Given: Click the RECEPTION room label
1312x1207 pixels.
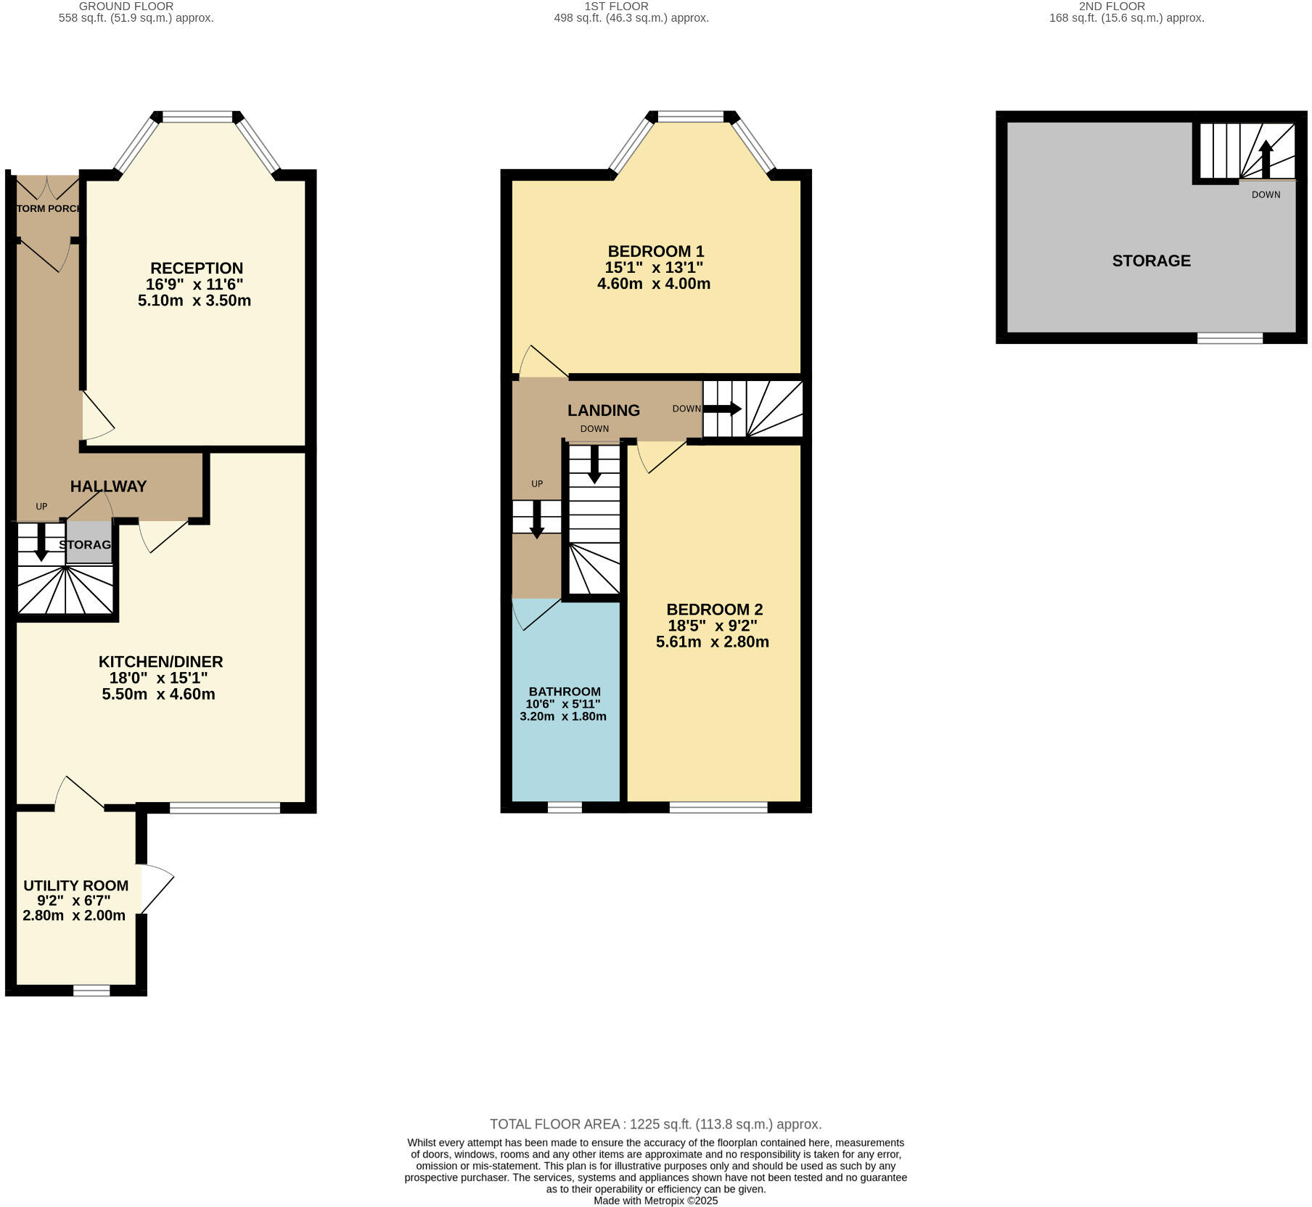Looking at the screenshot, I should (x=196, y=269).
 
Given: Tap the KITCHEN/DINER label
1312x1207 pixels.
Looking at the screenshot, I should (x=160, y=661).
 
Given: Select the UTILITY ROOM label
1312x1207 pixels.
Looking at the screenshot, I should (x=75, y=885).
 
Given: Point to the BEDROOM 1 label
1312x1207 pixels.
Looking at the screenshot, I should (x=655, y=251).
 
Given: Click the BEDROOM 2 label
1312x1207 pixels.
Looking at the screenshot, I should (x=714, y=610).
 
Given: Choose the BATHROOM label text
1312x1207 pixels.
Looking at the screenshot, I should (x=564, y=692).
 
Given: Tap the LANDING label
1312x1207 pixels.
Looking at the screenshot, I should (x=603, y=410).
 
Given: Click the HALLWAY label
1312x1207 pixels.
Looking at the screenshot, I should (x=108, y=486).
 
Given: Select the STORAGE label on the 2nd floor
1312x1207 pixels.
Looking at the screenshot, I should (x=1151, y=261).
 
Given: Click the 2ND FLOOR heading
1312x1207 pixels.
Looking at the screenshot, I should (x=1111, y=7).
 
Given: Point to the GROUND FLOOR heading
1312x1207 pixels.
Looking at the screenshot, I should (x=126, y=7).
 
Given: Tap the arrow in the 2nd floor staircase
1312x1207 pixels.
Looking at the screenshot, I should (x=1265, y=157).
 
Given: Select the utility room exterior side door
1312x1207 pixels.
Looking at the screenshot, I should (x=156, y=888).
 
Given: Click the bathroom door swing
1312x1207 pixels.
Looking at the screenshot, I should (x=529, y=613).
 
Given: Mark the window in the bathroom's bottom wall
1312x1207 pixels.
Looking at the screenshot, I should (x=565, y=807).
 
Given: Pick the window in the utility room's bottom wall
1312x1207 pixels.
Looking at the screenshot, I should (x=91, y=990).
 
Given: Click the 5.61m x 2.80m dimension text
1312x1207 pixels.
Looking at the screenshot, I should (x=712, y=642).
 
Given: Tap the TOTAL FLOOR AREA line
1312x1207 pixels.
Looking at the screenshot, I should (x=655, y=1124).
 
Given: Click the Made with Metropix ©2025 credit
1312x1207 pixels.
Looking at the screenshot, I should (x=655, y=1200).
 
